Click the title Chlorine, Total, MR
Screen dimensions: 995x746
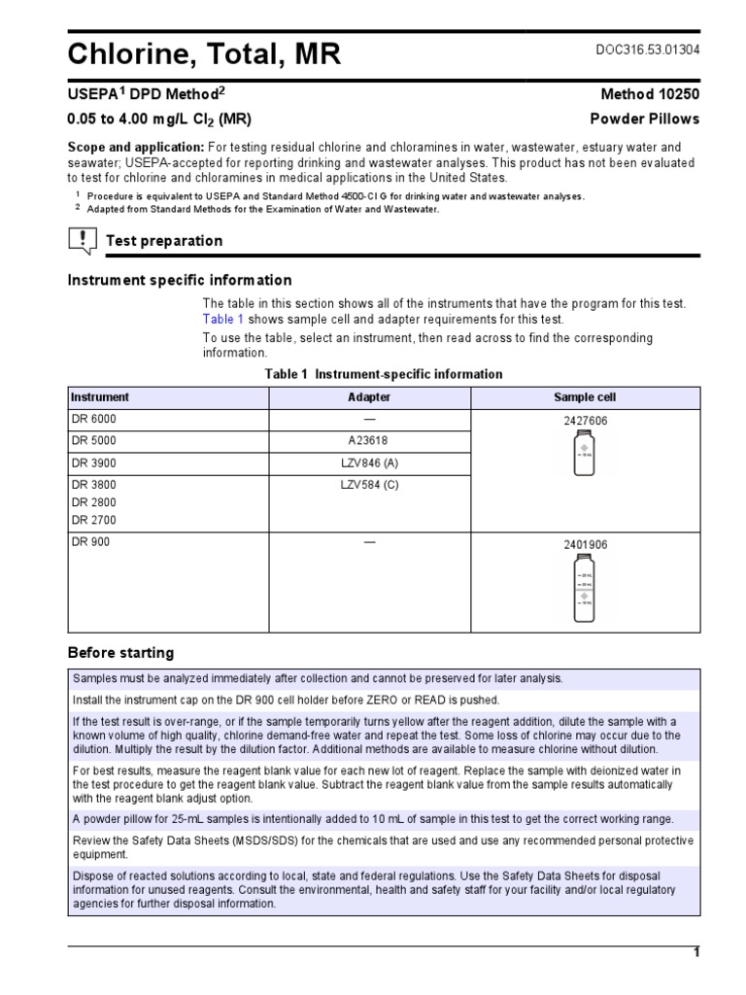tap(204, 55)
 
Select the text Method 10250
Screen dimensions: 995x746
tap(650, 94)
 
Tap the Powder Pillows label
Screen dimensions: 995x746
tap(645, 119)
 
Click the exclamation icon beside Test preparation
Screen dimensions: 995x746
tap(82, 240)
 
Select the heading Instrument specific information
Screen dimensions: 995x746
tap(179, 280)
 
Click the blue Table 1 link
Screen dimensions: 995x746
tap(222, 320)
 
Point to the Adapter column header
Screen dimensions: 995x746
tap(369, 397)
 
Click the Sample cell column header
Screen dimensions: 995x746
tap(585, 397)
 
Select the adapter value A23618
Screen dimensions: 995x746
tap(369, 440)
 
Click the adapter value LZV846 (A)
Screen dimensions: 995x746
tap(369, 463)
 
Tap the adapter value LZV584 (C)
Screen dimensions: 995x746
tap(369, 484)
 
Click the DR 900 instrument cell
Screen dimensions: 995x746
tap(90, 542)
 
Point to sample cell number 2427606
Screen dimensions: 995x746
tap(585, 421)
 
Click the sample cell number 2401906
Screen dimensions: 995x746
tap(585, 545)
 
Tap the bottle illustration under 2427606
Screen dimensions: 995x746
tap(585, 454)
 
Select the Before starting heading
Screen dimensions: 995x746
tap(120, 652)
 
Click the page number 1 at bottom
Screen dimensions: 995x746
tap(695, 952)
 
